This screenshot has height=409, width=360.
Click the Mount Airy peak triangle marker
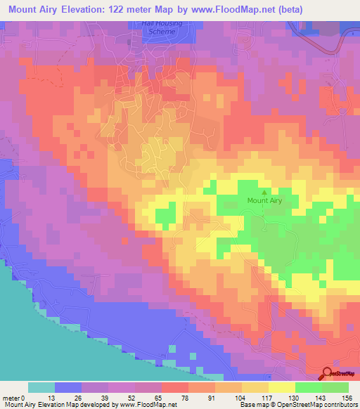[264, 191]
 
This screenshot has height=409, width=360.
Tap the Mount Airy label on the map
[264, 201]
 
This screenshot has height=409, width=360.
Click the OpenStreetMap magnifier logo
[328, 373]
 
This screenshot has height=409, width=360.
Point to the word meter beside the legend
[11, 397]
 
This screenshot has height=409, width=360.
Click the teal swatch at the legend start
[41, 387]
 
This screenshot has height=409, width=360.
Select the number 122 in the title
[132, 11]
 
